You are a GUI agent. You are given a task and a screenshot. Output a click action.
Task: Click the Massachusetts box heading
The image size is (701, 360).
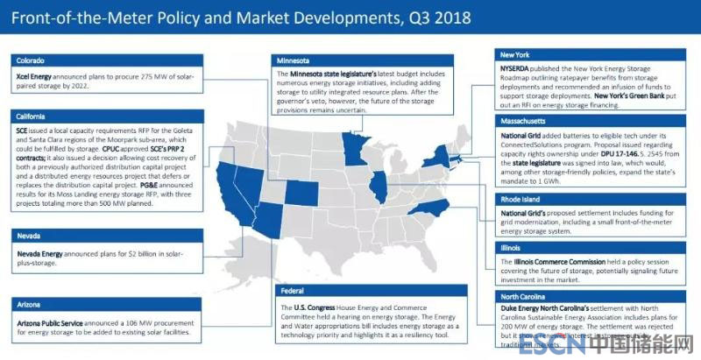[x=526, y=120]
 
